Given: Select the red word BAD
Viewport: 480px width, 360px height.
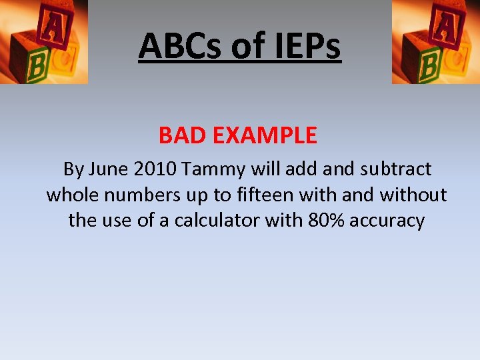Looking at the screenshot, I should (x=182, y=136).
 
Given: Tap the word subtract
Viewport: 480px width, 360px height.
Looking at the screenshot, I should (x=395, y=169).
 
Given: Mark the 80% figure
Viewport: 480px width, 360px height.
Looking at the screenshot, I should (x=325, y=221).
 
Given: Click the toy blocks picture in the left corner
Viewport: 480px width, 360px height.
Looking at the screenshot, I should (x=43, y=41).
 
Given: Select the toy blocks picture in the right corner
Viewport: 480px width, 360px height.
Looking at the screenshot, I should (x=435, y=41).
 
